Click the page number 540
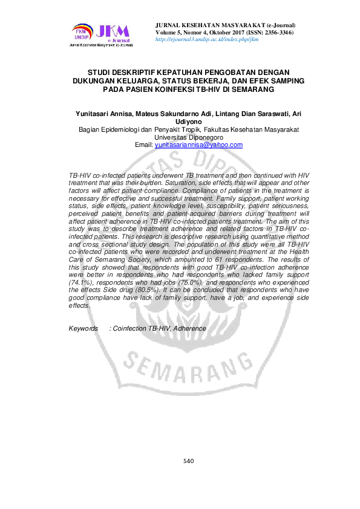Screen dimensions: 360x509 click(x=188, y=462)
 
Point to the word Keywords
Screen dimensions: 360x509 click(x=83, y=328)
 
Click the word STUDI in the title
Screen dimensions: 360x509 click(x=101, y=71)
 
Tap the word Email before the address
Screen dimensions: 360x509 click(x=143, y=145)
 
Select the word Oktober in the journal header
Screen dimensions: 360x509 click(x=222, y=31)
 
